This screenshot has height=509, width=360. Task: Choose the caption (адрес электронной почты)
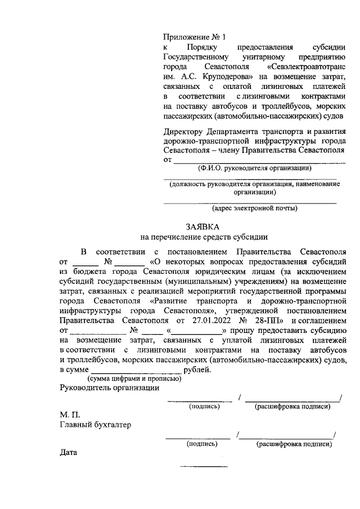254,208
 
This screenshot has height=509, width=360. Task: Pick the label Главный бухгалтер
95,425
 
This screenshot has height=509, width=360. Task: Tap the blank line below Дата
203,466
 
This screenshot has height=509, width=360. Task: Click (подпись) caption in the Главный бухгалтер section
201,444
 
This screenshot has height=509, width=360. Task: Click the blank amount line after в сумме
137,371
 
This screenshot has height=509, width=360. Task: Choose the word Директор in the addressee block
181,132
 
